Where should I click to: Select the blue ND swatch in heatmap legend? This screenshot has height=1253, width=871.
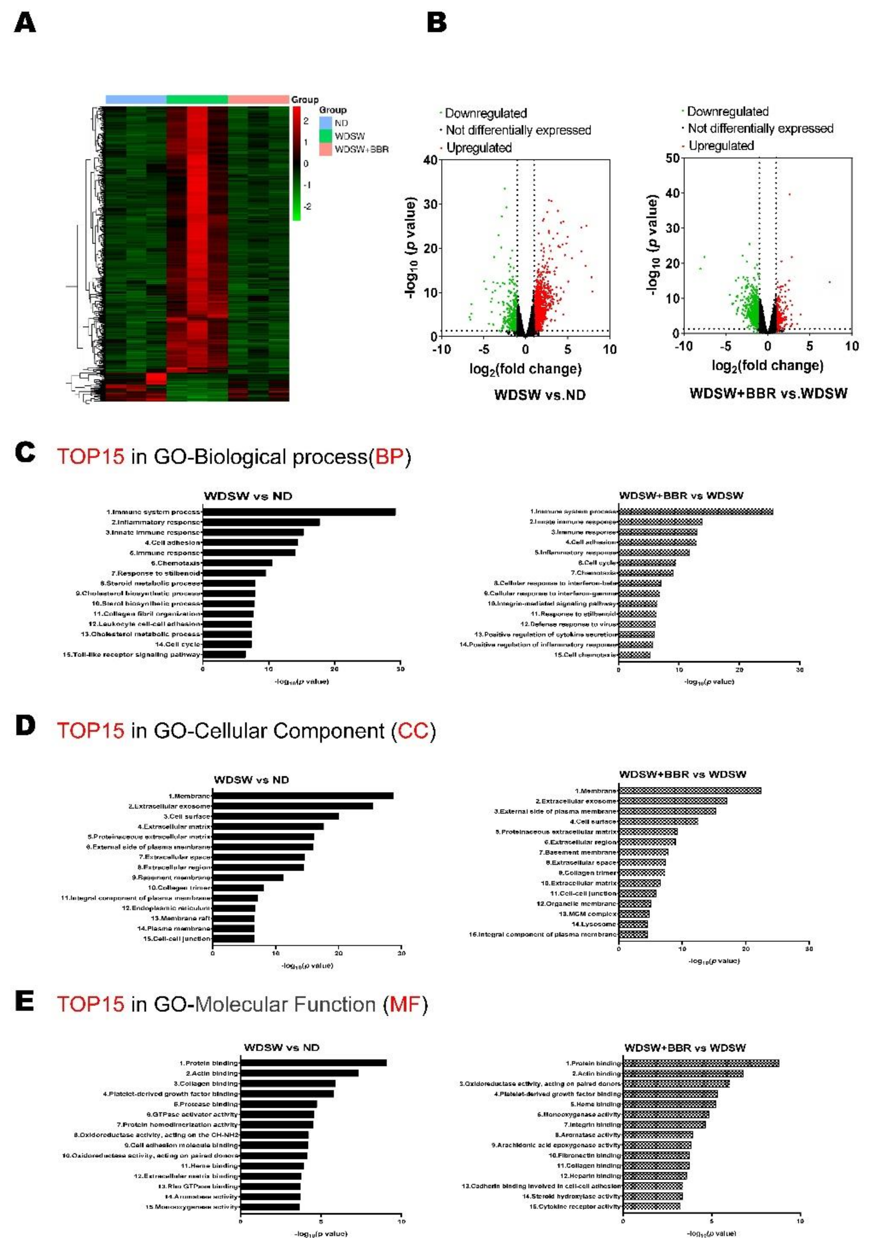(x=326, y=123)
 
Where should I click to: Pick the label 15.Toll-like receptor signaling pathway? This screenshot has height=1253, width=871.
(x=131, y=654)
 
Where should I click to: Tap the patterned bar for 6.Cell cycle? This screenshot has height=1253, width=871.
(x=647, y=563)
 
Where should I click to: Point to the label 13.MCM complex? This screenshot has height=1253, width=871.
(x=587, y=913)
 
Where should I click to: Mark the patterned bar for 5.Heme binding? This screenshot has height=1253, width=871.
(x=669, y=1104)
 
